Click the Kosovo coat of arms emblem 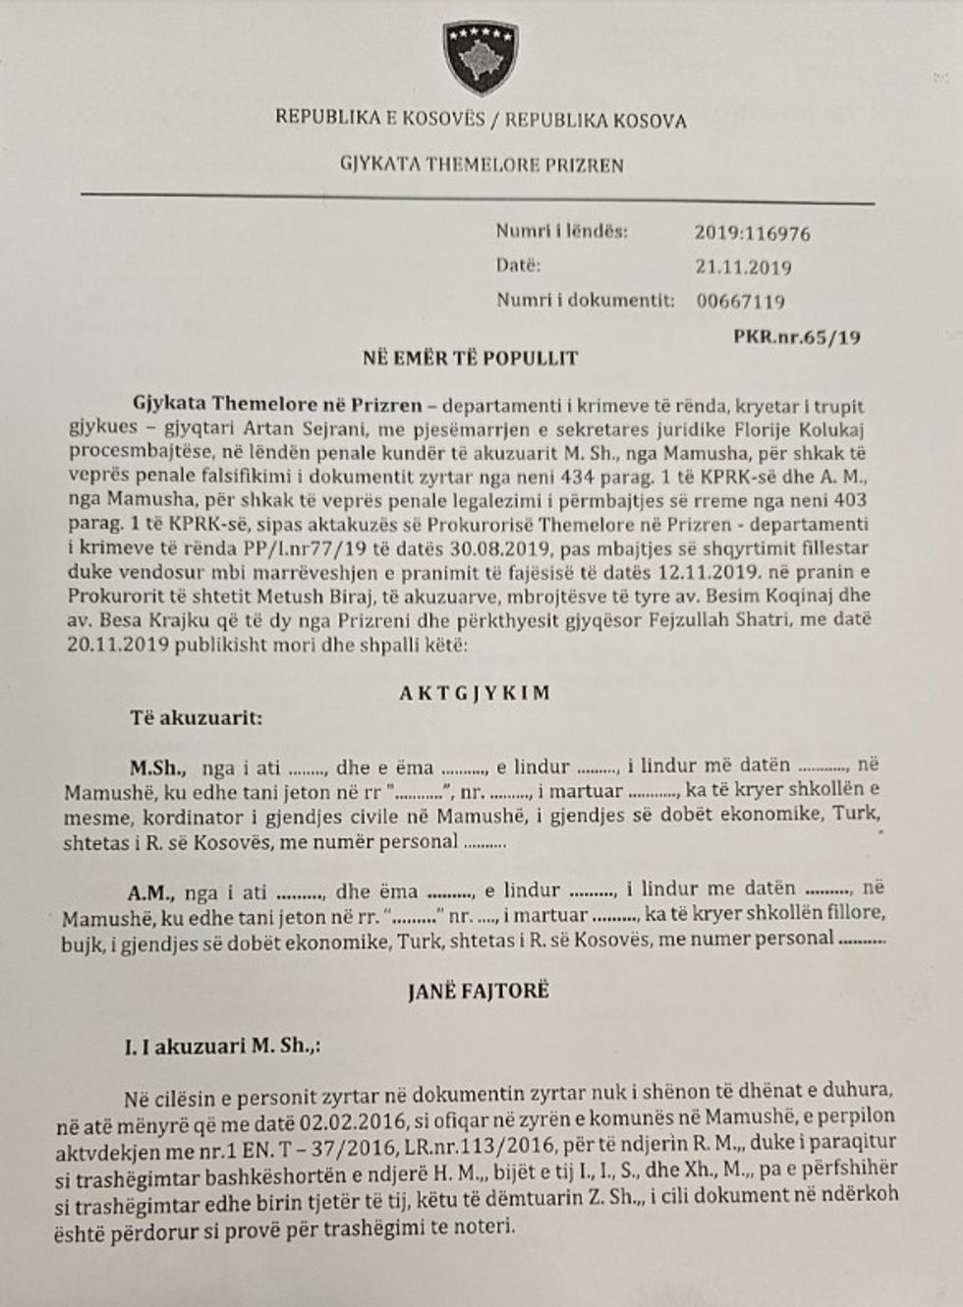(481, 56)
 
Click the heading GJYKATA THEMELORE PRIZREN (481, 164)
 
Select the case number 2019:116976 (752, 234)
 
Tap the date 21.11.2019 (742, 267)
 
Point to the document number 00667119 (740, 302)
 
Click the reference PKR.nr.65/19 (797, 337)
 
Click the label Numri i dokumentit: (585, 300)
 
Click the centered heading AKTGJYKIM (475, 693)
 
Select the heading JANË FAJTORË (478, 991)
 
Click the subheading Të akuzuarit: (197, 718)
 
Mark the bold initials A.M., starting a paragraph (149, 891)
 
